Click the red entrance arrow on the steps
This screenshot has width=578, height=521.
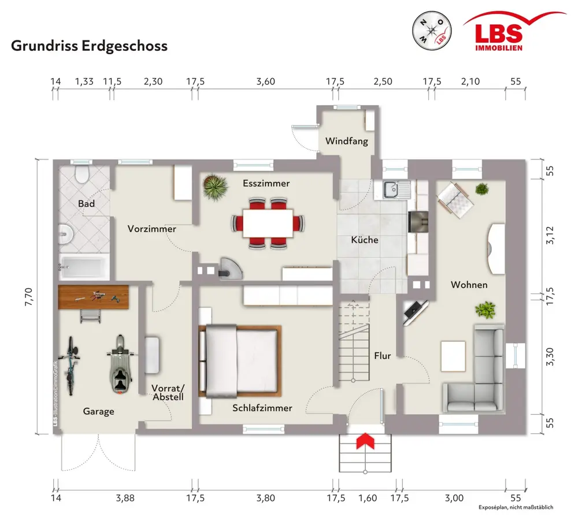[x=365, y=441]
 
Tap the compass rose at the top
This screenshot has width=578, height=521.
[x=432, y=30]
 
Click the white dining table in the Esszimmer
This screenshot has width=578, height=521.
[x=268, y=224]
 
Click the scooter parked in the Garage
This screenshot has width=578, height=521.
[x=120, y=364]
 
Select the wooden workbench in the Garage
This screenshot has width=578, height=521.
[x=94, y=297]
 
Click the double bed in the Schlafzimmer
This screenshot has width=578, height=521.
[x=240, y=361]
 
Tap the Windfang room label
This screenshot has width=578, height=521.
[x=346, y=141]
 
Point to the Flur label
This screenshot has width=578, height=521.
[x=382, y=356]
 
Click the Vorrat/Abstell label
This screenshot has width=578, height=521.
[x=168, y=392]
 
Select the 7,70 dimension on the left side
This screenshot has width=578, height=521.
[x=29, y=297]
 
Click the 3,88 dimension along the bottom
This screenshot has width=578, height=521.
[x=125, y=498]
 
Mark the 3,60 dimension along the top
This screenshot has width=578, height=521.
[x=266, y=81]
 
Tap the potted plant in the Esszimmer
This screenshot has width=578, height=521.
[x=215, y=187]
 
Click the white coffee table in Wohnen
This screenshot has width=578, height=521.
[x=453, y=356]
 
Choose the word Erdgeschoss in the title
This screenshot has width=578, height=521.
[x=124, y=46]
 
